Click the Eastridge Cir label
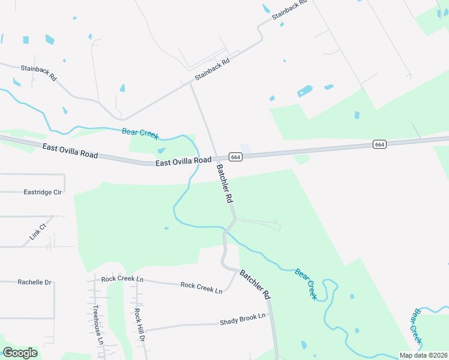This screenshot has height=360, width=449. point(43,193)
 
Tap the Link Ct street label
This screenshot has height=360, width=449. point(38,232)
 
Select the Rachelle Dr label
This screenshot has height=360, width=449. point(34,282)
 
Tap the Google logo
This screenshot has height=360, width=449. point(20,353)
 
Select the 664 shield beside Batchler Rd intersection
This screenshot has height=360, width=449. point(235,157)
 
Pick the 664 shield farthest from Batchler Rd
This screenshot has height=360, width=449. point(379,144)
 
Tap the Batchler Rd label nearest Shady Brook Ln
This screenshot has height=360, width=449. point(256,284)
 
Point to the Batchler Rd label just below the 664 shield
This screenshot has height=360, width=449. point(224,184)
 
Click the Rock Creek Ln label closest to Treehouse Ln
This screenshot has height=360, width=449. point(122,279)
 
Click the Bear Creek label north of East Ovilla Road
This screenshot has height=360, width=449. point(140,134)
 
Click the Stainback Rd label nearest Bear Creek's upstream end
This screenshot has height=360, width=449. point(38,73)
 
